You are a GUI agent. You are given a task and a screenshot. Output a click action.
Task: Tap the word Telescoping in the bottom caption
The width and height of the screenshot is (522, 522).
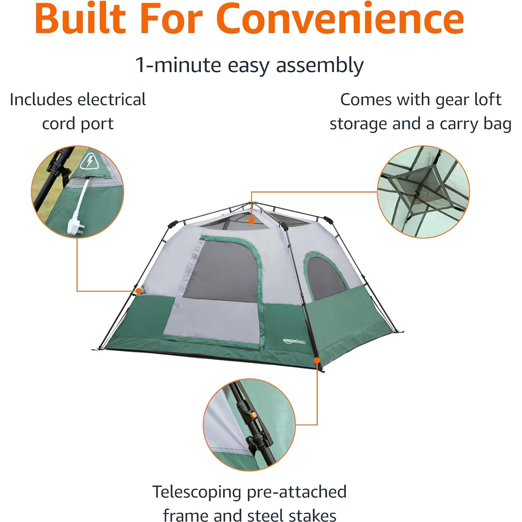click(x=197, y=492)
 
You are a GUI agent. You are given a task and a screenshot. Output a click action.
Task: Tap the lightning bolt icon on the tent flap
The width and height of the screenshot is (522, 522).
click(x=90, y=161)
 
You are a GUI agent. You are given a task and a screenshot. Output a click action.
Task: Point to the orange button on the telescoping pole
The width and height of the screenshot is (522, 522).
click(x=254, y=415)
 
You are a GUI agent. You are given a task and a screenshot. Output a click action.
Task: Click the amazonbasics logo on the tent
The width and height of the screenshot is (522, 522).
click(x=294, y=341)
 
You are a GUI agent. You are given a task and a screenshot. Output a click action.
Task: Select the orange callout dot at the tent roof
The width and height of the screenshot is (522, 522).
click(x=252, y=220)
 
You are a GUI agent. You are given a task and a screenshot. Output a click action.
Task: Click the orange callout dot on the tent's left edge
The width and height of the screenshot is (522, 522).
click(x=139, y=291)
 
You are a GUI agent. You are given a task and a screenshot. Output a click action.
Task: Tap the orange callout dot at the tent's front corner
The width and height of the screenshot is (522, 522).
click(x=317, y=360)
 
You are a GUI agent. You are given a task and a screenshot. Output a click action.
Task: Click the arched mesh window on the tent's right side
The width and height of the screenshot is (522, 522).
click(x=326, y=279)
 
